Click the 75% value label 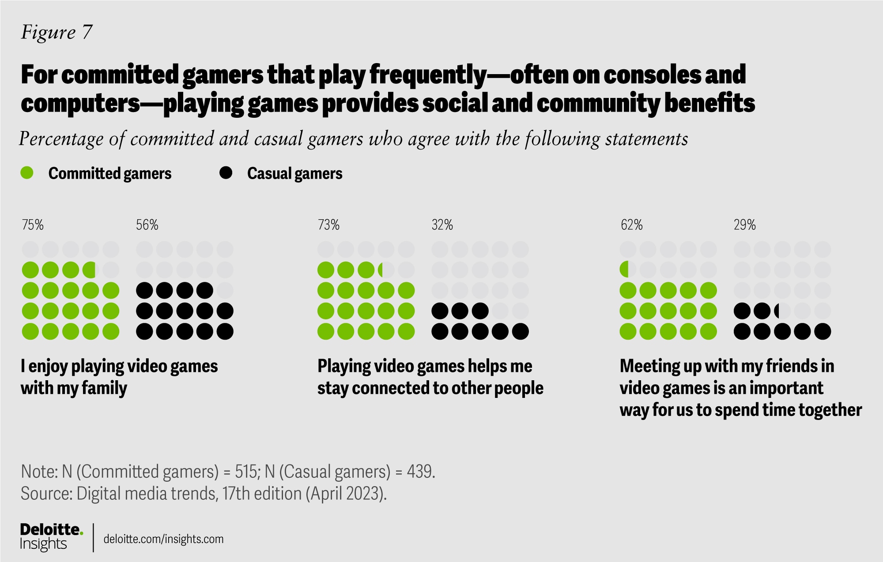(33, 225)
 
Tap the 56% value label (147, 225)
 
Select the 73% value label (329, 225)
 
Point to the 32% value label (442, 225)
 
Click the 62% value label (632, 225)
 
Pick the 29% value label (745, 225)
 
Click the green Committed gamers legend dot (27, 173)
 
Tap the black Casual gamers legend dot (226, 173)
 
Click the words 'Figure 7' (57, 32)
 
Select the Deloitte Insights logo (51, 537)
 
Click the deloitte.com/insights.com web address (163, 539)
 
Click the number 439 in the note (420, 472)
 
